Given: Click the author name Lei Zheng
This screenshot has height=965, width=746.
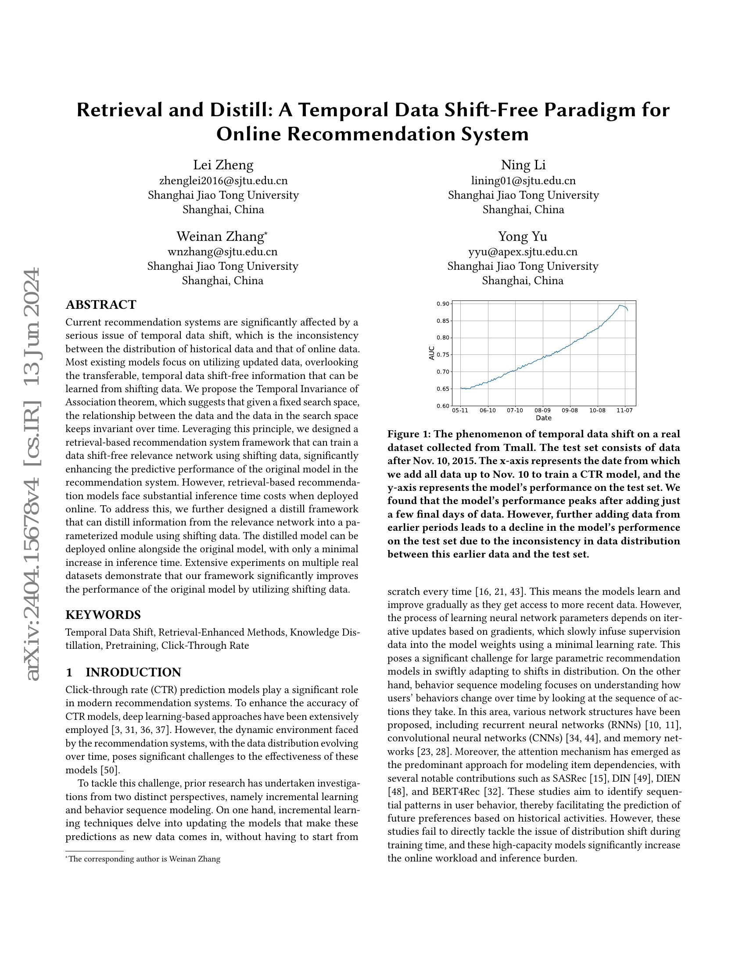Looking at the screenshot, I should point(223,165).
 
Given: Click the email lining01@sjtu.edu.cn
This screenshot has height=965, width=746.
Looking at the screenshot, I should point(523,181).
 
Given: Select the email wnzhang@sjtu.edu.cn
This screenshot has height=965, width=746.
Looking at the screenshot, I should point(223,252).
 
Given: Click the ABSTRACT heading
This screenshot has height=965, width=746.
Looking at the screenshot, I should point(101,305).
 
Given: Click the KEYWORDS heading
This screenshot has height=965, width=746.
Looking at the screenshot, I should point(103,615).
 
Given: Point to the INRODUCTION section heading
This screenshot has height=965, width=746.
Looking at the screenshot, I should point(133,672).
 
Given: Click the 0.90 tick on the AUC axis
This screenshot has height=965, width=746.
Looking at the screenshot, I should point(443,304).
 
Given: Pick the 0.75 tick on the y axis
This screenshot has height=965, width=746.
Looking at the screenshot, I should point(443,355).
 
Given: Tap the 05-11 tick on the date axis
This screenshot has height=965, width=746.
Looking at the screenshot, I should point(460,411).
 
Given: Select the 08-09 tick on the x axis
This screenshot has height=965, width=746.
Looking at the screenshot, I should point(542,411).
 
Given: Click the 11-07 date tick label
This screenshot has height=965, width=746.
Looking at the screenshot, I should point(624,411).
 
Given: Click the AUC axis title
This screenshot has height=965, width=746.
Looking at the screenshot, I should point(432,353).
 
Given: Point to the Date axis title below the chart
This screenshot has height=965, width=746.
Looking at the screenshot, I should point(543,418).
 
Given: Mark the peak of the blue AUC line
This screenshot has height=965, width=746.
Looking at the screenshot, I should point(620,305).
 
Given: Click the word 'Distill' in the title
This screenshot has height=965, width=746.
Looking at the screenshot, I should point(240,110).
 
